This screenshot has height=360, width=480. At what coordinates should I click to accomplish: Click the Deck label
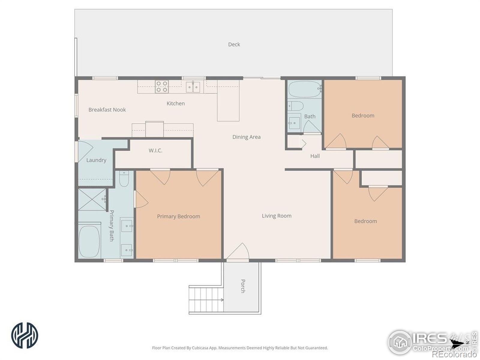(x=234, y=44)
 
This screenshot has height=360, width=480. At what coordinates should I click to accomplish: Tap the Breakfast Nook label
(x=107, y=109)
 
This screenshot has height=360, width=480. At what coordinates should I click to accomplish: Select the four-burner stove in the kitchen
(x=162, y=87)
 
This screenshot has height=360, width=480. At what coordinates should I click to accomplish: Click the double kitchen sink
(x=193, y=87)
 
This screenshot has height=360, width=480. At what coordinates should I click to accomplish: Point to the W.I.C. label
(x=155, y=150)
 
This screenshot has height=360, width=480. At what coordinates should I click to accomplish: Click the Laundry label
(x=96, y=160)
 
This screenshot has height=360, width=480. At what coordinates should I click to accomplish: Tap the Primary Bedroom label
(x=178, y=216)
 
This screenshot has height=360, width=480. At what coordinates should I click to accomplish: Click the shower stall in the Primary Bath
(x=92, y=199)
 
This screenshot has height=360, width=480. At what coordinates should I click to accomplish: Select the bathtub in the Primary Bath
(x=89, y=241)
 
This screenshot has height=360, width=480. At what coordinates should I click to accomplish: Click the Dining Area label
(x=247, y=137)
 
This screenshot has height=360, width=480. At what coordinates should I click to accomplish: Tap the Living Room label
(x=277, y=216)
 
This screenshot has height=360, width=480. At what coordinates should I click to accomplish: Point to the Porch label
(x=243, y=286)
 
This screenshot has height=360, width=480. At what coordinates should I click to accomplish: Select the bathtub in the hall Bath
(x=305, y=89)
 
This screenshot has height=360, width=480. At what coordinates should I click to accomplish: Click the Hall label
(x=315, y=156)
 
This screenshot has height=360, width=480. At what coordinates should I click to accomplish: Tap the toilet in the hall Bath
(x=296, y=106)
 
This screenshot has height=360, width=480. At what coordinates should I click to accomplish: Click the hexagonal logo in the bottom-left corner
(x=25, y=335)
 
